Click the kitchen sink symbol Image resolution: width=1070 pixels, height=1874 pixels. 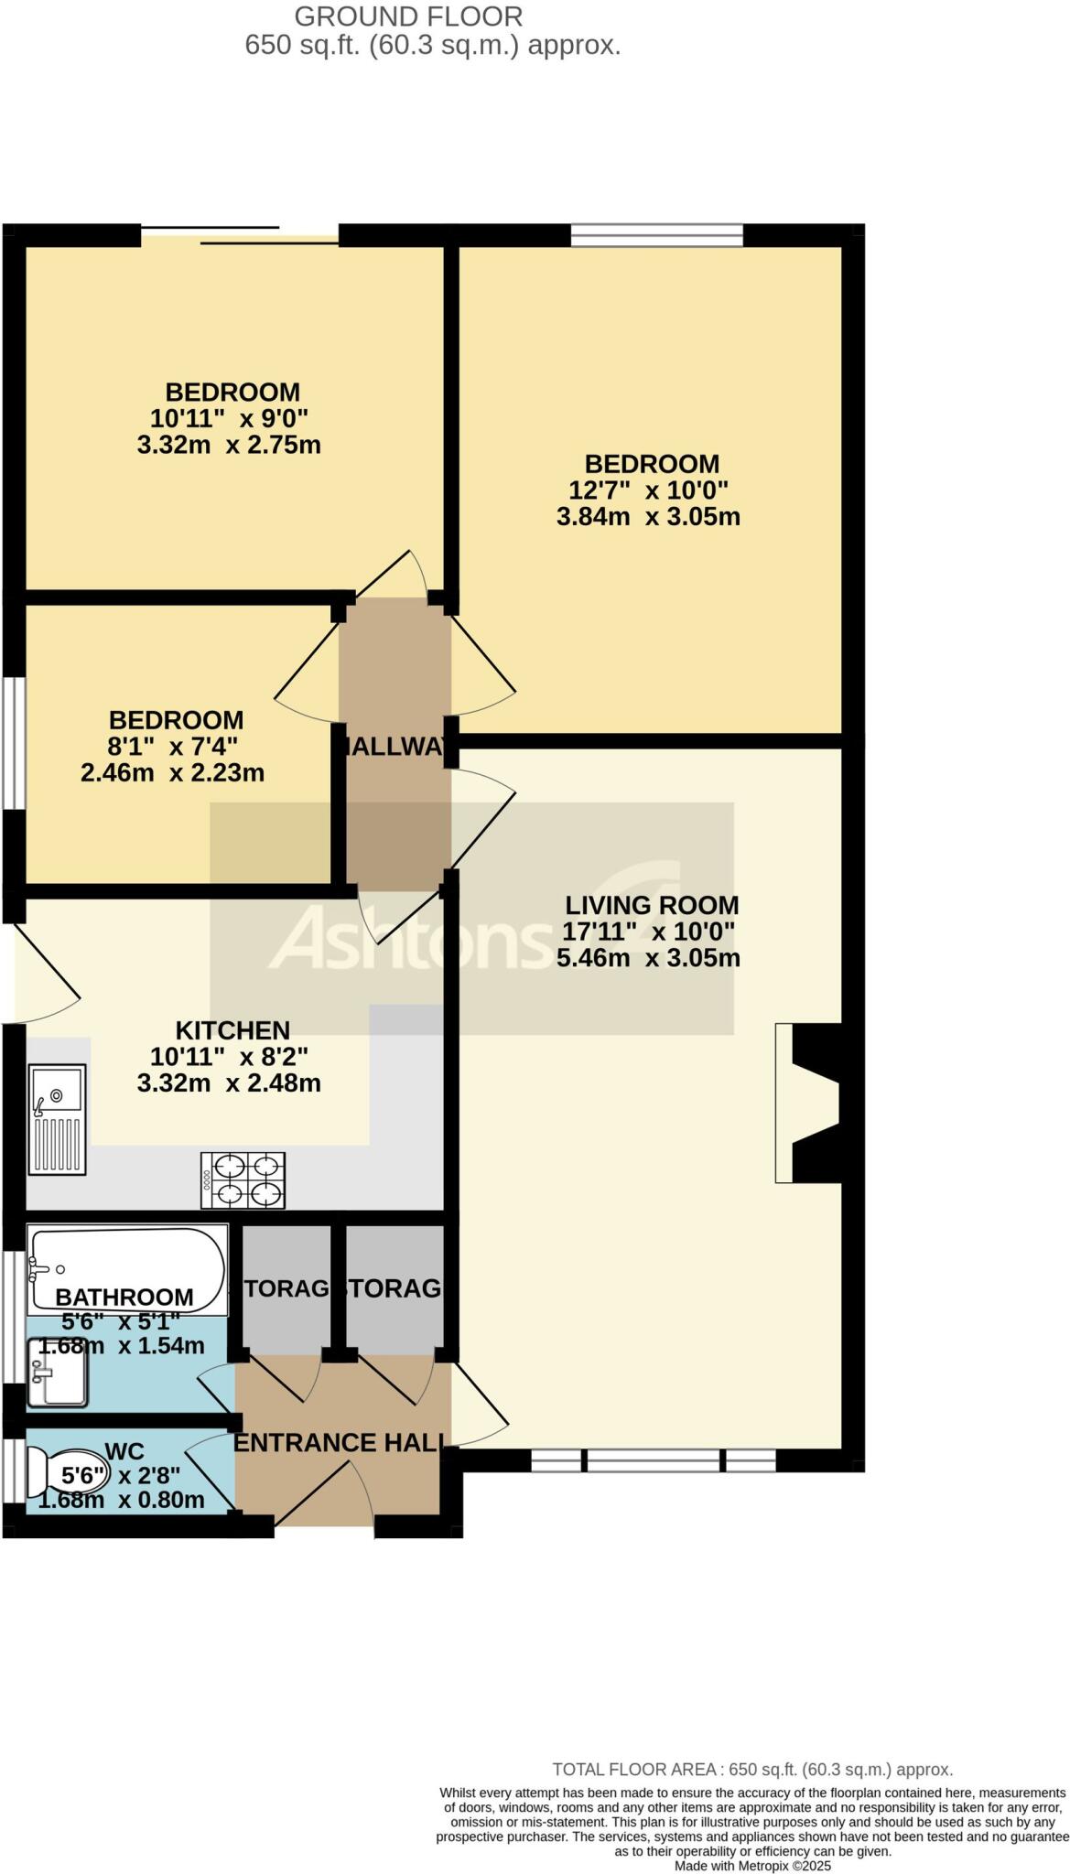click(x=57, y=1118)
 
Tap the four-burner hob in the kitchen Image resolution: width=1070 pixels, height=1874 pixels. click(x=243, y=1179)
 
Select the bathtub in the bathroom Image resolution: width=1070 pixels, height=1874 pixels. click(x=126, y=1269)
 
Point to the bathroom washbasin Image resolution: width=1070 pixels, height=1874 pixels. click(x=57, y=1372)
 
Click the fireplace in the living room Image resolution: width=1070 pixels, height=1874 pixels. click(x=807, y=1103)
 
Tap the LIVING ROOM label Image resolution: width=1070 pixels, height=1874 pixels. click(x=651, y=905)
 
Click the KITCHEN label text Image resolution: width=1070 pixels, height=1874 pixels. click(x=232, y=1029)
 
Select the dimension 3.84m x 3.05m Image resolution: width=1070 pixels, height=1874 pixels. click(x=648, y=516)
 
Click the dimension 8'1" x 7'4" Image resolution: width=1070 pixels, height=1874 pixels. click(x=173, y=746)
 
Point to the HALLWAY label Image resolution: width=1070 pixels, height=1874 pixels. click(x=395, y=747)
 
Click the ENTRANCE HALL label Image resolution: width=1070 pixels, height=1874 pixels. click(x=339, y=1443)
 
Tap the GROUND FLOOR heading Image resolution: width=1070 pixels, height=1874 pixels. click(x=408, y=16)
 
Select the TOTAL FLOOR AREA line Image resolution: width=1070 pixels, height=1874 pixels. click(x=752, y=1770)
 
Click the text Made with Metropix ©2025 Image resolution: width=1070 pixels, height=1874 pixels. click(x=752, y=1865)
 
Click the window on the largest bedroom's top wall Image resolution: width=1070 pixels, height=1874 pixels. click(x=656, y=235)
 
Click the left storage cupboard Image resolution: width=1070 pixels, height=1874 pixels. click(x=286, y=1287)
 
